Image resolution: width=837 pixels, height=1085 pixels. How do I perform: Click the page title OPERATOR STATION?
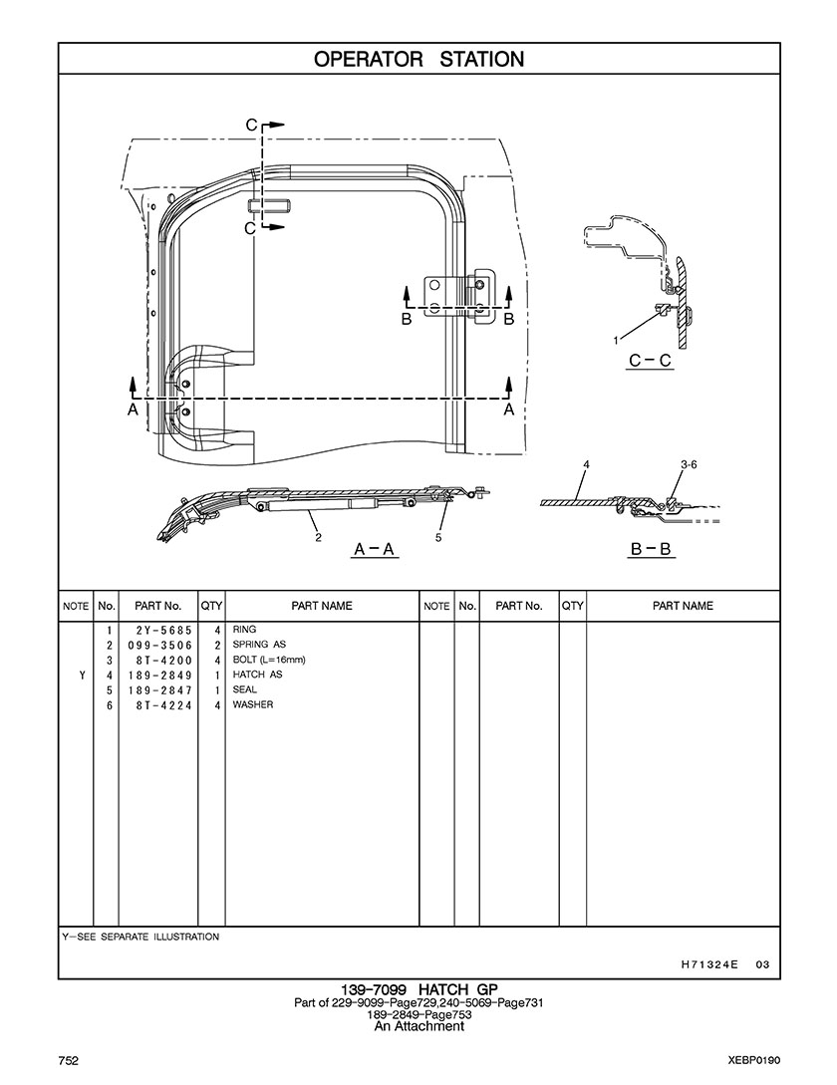pyautogui.click(x=418, y=60)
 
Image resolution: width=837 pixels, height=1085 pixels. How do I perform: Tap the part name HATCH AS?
pyautogui.click(x=257, y=675)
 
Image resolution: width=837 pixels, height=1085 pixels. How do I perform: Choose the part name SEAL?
pyautogui.click(x=244, y=689)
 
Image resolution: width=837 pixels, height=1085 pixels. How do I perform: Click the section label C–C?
pyautogui.click(x=650, y=361)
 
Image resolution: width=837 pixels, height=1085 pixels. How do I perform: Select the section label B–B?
pyautogui.click(x=652, y=548)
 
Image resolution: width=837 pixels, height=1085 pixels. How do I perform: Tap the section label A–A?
pyautogui.click(x=376, y=548)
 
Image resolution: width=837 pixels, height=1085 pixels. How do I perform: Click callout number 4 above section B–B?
pyautogui.click(x=587, y=465)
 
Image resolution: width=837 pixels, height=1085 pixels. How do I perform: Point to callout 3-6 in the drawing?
pyautogui.click(x=689, y=465)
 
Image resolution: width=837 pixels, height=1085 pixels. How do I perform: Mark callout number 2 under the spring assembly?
pyautogui.click(x=318, y=538)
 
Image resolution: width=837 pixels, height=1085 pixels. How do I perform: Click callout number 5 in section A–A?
pyautogui.click(x=438, y=538)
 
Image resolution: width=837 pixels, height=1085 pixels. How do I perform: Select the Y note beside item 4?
pyautogui.click(x=81, y=675)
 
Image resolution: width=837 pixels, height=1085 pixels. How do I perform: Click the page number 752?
pyautogui.click(x=68, y=1060)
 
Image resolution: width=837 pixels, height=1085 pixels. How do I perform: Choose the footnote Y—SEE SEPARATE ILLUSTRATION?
pyautogui.click(x=140, y=938)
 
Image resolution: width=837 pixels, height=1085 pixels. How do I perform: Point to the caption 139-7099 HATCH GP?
pyautogui.click(x=418, y=989)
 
